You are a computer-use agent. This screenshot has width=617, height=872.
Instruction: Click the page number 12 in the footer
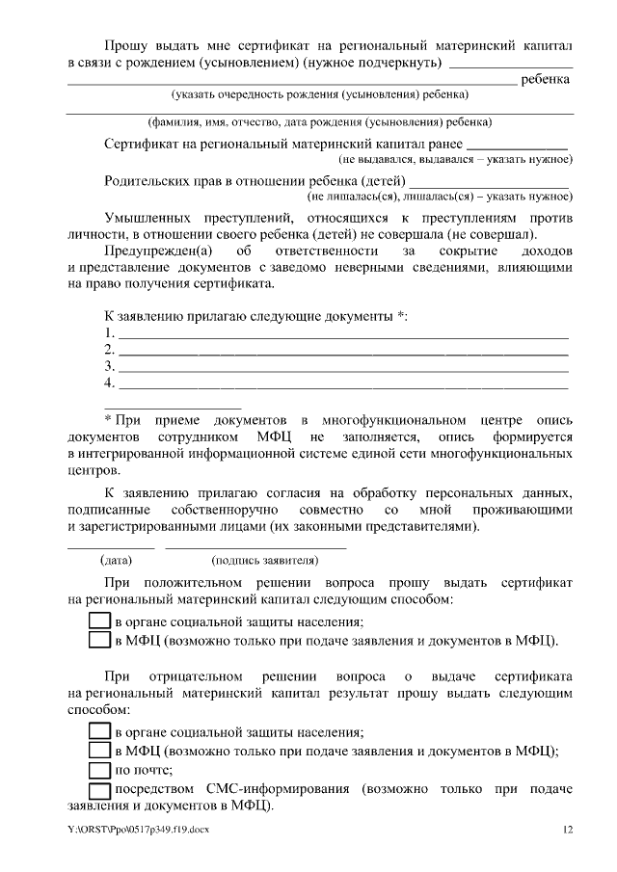click(568, 830)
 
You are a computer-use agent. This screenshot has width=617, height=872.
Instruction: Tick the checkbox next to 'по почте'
click(100, 770)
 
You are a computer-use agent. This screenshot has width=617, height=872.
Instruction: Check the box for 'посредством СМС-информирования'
click(100, 790)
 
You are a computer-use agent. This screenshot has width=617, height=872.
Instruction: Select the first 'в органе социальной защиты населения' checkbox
click(100, 621)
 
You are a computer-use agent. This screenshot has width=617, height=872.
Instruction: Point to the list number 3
click(109, 367)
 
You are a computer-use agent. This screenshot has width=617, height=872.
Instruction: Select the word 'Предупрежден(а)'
click(155, 251)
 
